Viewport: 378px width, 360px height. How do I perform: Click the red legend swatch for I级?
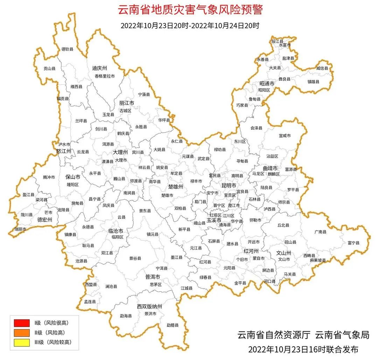tap(22, 323)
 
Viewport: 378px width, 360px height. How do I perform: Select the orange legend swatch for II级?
tap(22, 332)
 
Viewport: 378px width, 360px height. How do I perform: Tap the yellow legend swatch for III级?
tap(22, 342)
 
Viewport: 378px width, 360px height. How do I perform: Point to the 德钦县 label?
tap(68, 49)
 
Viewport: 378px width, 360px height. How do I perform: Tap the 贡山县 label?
tap(49, 69)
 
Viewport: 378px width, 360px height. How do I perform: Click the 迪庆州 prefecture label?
tap(99, 68)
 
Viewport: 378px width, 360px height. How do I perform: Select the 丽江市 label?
tap(127, 104)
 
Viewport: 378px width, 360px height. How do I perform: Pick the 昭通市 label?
tap(267, 84)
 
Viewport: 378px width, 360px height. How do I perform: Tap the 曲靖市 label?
tap(270, 168)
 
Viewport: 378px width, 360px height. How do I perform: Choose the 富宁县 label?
tap(353, 242)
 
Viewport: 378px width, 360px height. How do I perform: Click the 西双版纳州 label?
tap(149, 307)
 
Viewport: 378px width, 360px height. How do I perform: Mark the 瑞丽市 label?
tap(20, 229)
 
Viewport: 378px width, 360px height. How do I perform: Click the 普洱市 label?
tap(153, 277)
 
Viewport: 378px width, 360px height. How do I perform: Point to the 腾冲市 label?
tap(49, 178)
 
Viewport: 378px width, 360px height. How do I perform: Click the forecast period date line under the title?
tap(190, 26)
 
